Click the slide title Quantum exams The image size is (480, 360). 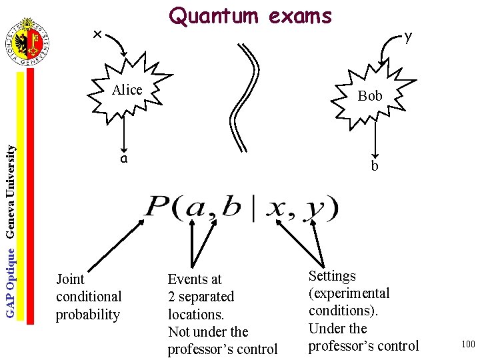[250, 16]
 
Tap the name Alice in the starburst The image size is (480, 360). [127, 90]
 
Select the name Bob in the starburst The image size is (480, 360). [369, 96]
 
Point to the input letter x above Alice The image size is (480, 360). [97, 34]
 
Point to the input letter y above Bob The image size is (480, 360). [408, 37]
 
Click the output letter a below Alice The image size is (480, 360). [123, 159]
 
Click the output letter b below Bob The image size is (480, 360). [375, 166]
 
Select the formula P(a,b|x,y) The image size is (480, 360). [241, 209]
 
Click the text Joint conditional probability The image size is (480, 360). [88, 297]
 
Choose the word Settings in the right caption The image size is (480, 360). [332, 276]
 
